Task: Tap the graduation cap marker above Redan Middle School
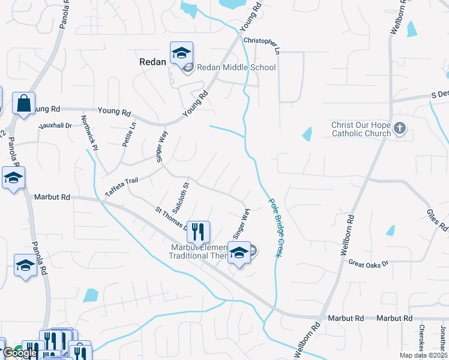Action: click(x=181, y=53)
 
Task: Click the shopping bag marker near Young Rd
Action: click(x=24, y=103)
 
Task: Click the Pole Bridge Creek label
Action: click(x=274, y=229)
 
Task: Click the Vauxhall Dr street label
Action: click(x=55, y=126)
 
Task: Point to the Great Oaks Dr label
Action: click(x=369, y=263)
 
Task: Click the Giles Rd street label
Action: click(x=437, y=217)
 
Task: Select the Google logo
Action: click(x=19, y=353)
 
